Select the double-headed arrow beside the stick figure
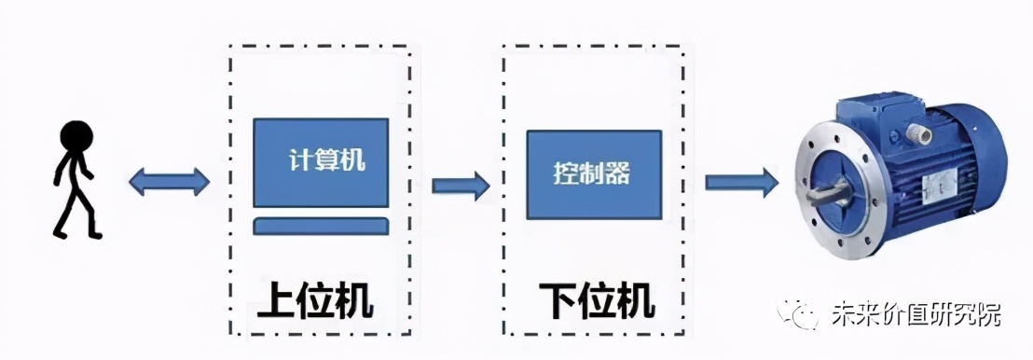click(x=169, y=182)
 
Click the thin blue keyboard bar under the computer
click(x=321, y=226)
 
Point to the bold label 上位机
click(x=315, y=300)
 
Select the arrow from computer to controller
click(x=461, y=184)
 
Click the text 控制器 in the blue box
click(x=591, y=173)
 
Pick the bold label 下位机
click(x=597, y=300)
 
